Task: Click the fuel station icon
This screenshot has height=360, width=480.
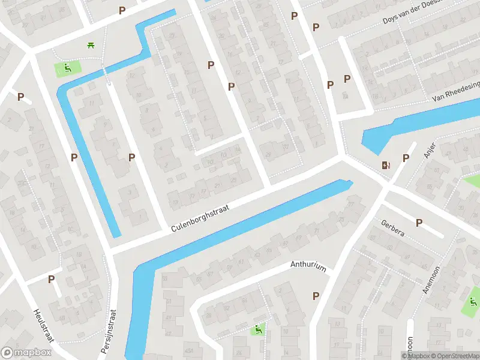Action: point(385,165)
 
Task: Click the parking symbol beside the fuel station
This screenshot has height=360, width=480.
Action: point(406,158)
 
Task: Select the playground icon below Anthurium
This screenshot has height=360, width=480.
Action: point(258,329)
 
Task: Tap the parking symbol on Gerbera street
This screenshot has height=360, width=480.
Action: point(419,223)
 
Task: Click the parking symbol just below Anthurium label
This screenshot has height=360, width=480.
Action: point(316,296)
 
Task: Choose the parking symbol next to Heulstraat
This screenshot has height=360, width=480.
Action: point(51,279)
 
